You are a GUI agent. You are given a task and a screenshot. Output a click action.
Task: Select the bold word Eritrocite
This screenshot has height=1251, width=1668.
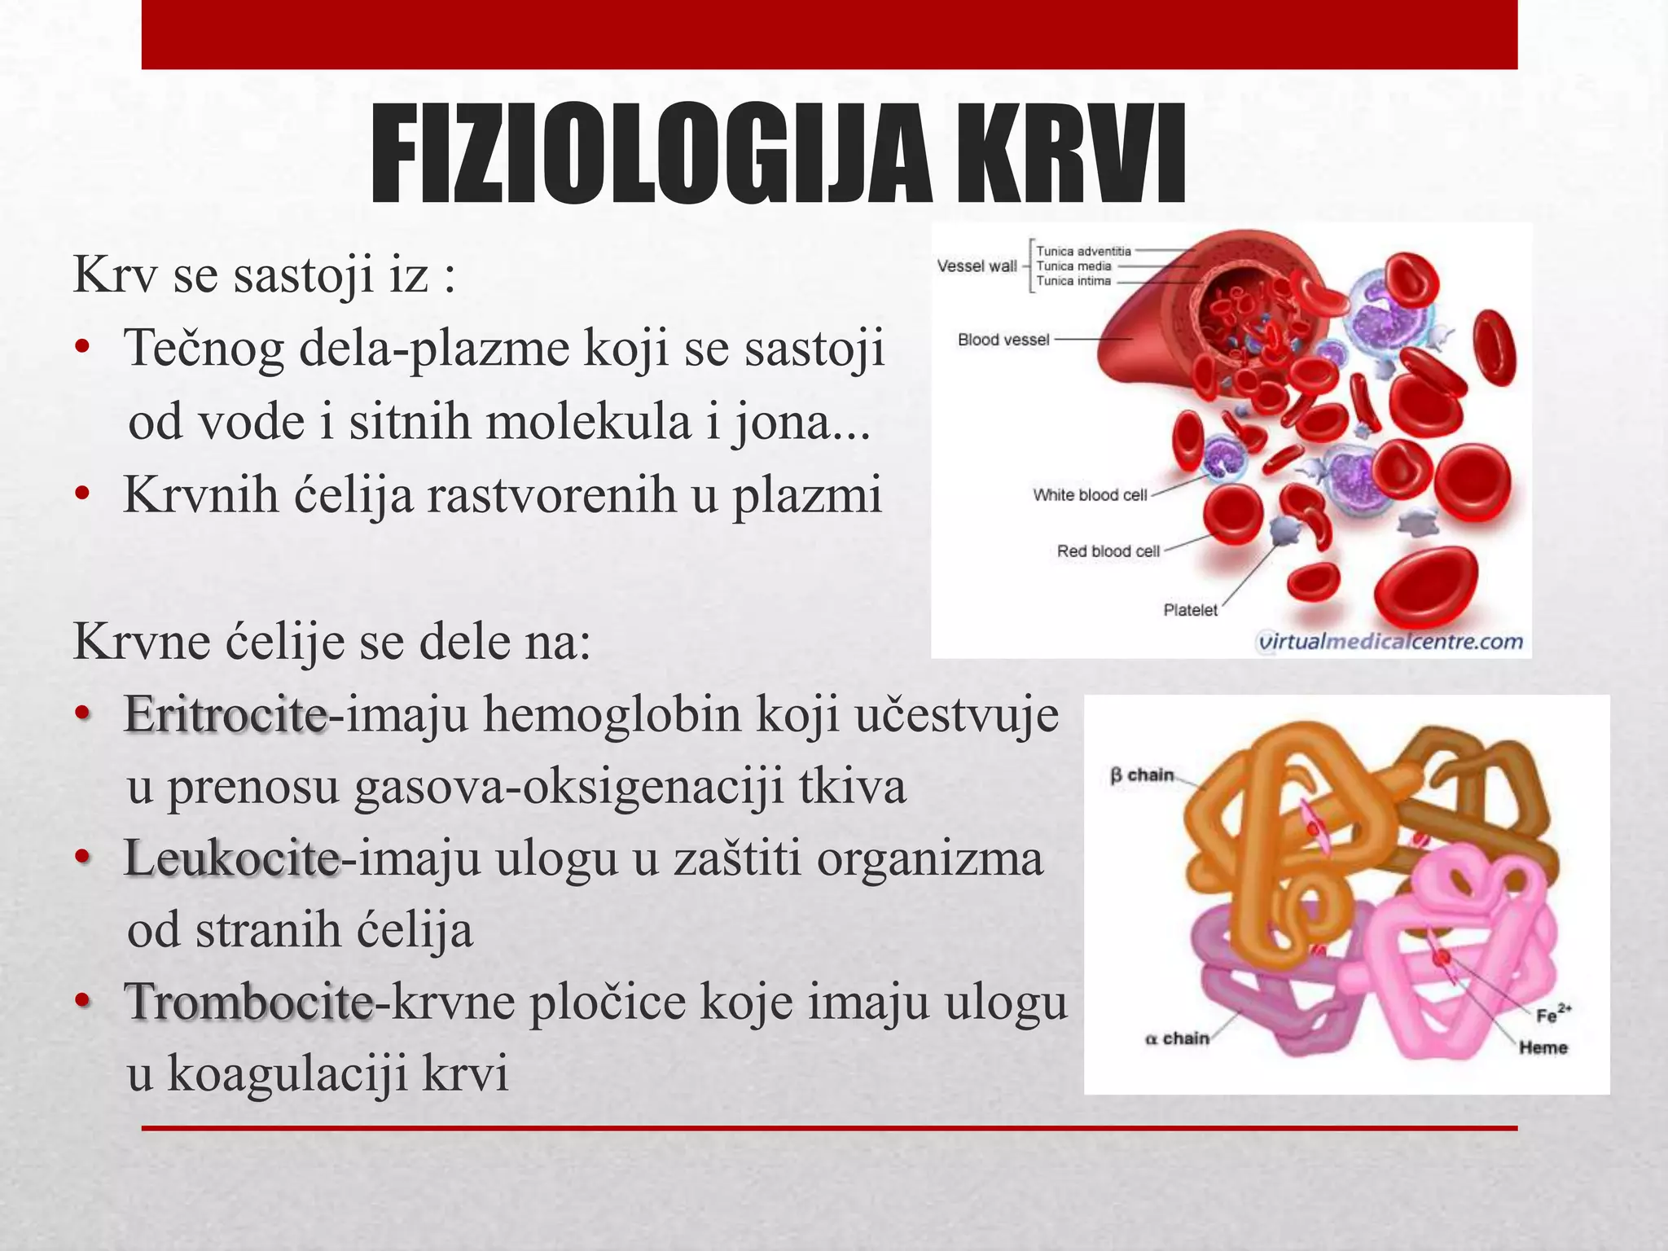click(226, 715)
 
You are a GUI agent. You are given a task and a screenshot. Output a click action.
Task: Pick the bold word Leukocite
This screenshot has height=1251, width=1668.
click(231, 858)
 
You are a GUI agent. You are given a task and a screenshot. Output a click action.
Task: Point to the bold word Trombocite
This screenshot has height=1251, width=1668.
click(248, 1002)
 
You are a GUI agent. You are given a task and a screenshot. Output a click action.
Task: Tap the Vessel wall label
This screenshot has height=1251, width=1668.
click(977, 266)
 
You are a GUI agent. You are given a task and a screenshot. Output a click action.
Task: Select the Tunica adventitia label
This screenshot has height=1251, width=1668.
click(1083, 252)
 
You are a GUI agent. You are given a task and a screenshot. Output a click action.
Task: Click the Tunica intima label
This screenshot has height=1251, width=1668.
click(1073, 281)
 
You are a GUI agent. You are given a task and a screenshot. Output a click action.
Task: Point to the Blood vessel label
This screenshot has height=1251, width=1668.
click(1003, 340)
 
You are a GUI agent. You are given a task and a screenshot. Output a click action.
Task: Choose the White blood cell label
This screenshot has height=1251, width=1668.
click(1090, 494)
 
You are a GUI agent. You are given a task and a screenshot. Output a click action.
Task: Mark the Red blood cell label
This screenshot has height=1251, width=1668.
click(1108, 551)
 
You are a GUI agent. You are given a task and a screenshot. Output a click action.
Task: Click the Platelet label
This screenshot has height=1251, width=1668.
click(1190, 610)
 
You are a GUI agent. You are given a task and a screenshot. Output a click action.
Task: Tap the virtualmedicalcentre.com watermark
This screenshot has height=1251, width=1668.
click(1390, 642)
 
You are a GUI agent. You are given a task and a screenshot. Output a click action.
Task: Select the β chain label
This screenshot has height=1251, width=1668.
click(1142, 775)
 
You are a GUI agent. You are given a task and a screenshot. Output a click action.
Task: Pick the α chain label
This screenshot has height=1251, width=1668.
click(1177, 1038)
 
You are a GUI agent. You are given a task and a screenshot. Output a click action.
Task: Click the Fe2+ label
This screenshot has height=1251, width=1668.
click(1552, 1015)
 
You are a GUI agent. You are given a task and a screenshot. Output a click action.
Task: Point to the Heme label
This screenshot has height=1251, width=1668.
click(1543, 1047)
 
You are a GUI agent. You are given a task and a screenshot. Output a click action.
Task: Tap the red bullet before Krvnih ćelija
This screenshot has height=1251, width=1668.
click(81, 494)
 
